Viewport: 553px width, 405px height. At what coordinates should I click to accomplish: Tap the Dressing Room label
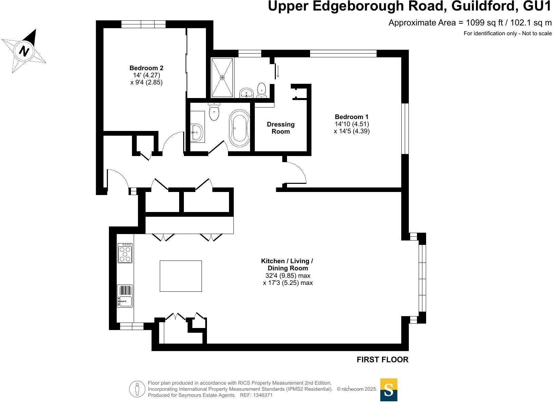click(x=281, y=128)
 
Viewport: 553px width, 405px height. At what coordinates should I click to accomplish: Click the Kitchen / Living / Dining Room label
click(x=287, y=265)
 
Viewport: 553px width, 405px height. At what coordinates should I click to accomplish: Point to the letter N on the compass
click(x=24, y=51)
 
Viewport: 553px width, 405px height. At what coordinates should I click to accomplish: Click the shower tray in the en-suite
click(x=222, y=78)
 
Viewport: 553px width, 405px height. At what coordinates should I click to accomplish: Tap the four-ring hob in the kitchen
click(x=125, y=253)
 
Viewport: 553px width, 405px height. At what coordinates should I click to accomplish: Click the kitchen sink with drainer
click(x=125, y=296)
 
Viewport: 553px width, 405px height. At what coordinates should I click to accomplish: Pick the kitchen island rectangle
click(x=180, y=276)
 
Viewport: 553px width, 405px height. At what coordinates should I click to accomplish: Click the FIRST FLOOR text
click(x=382, y=360)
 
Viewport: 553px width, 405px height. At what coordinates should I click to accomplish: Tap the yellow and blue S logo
click(x=388, y=390)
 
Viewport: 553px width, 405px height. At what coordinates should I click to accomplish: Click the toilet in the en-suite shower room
click(x=262, y=90)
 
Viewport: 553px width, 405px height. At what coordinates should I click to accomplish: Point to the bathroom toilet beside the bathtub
click(x=214, y=112)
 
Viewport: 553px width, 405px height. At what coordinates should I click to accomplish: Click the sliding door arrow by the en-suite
click(x=278, y=71)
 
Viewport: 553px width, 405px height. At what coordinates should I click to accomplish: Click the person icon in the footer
click(x=137, y=389)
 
